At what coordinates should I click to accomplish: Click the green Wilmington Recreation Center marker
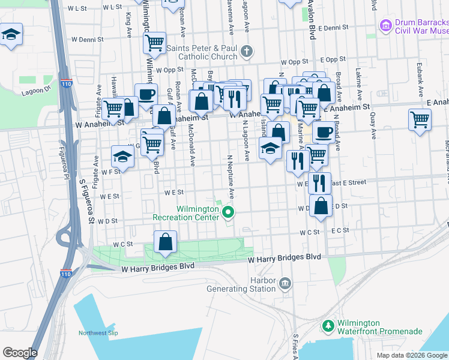pyautogui.click(x=228, y=212)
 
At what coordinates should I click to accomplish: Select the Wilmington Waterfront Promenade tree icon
pyautogui.click(x=328, y=326)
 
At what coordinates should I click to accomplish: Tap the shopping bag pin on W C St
pyautogui.click(x=165, y=242)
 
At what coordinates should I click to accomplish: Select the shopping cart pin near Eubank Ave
pyautogui.click(x=420, y=119)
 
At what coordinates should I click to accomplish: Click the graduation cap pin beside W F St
pyautogui.click(x=123, y=157)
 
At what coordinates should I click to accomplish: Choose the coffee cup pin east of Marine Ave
pyautogui.click(x=324, y=131)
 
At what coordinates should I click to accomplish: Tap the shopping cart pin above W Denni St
pyautogui.click(x=155, y=43)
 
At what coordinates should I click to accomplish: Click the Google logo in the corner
pyautogui.click(x=20, y=353)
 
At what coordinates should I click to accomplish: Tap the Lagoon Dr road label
pyautogui.click(x=37, y=91)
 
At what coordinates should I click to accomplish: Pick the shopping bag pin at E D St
pyautogui.click(x=322, y=205)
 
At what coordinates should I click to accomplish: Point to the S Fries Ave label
pyautogui.click(x=295, y=346)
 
